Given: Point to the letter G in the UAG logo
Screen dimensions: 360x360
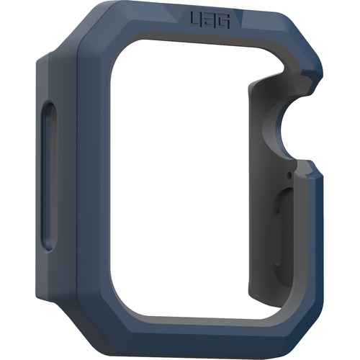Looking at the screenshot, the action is pyautogui.click(x=224, y=22).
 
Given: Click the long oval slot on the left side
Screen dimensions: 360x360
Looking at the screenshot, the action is pyautogui.click(x=50, y=176).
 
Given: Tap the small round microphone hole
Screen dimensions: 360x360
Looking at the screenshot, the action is pyautogui.click(x=289, y=175).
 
